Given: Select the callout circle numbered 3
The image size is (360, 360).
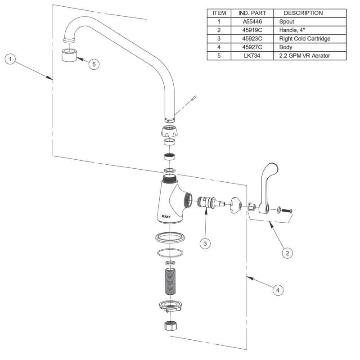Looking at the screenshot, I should tap(205, 243).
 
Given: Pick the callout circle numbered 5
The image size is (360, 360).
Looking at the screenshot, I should tap(94, 64).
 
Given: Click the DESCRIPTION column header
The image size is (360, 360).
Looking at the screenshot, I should tap(303, 13).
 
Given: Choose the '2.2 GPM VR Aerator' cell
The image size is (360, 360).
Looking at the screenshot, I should tap(306, 56).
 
